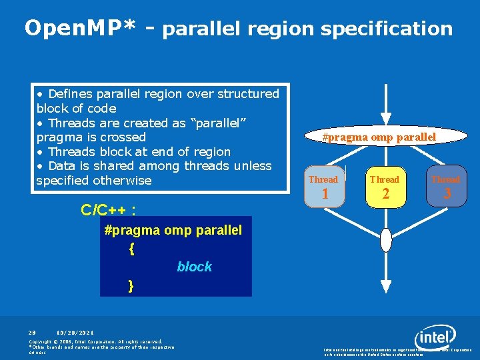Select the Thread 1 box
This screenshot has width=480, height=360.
323,187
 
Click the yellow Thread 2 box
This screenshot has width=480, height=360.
385,187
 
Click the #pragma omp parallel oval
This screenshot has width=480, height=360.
379,137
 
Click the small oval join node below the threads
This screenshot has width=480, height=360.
385,241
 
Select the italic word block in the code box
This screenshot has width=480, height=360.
194,267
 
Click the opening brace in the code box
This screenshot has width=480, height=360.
132,249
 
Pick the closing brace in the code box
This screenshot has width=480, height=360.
131,285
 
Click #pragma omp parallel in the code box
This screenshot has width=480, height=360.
173,230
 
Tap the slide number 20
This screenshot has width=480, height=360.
32,332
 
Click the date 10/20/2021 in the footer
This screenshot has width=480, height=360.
75,332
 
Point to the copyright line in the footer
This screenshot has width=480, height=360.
96,341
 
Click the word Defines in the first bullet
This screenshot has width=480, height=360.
71,94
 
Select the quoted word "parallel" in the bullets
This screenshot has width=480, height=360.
216,123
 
